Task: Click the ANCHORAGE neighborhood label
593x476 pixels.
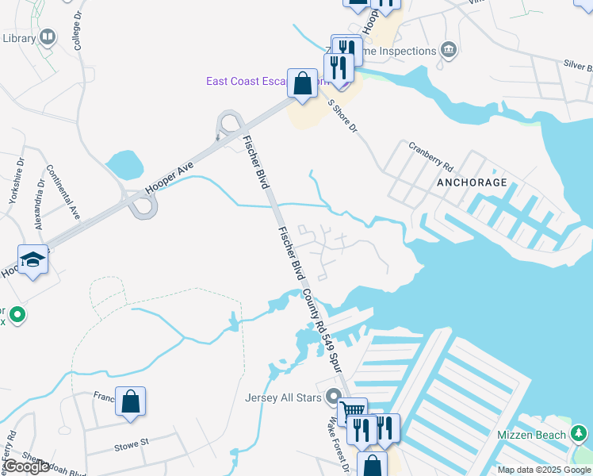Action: [471, 182]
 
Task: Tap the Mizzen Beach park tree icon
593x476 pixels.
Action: [580, 434]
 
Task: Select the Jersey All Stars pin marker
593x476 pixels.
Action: [335, 397]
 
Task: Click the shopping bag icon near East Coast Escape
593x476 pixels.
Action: [302, 83]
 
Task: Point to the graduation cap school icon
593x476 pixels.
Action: [33, 261]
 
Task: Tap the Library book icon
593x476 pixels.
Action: [48, 37]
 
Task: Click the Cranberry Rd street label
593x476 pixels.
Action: [430, 156]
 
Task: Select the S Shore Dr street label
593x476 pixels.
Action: [343, 116]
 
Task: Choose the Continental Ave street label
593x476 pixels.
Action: [64, 191]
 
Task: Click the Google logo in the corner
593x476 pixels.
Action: [26, 466]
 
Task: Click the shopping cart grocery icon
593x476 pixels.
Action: [352, 411]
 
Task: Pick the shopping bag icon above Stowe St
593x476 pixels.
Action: [130, 401]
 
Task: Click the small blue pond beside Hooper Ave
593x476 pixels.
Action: [124, 165]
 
